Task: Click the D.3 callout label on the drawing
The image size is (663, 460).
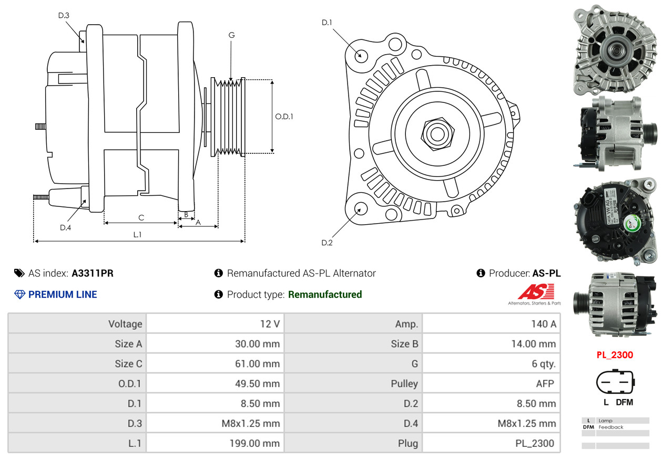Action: pos(64,15)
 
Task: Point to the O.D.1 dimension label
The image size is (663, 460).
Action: pos(284,117)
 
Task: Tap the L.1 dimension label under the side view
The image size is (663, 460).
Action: pos(137,235)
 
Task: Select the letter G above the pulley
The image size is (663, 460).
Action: pos(231,35)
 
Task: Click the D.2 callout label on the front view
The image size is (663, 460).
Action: pos(327,243)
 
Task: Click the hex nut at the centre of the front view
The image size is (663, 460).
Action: pos(436,132)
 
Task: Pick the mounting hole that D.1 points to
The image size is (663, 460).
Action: pos(361,55)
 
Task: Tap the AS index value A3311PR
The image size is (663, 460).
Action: pos(93,273)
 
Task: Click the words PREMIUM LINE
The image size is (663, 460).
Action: pos(63,295)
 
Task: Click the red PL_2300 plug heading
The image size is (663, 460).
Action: pos(615,355)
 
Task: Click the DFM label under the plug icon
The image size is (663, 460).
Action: pos(624,402)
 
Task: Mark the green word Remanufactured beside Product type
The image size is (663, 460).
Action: pos(325,295)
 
